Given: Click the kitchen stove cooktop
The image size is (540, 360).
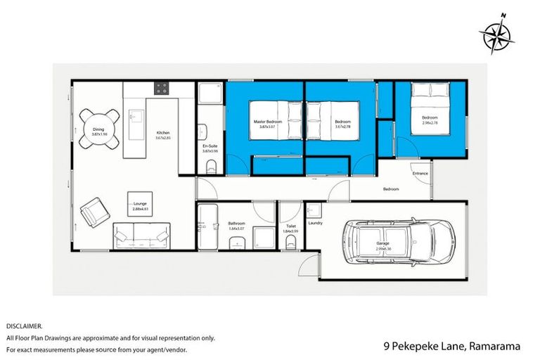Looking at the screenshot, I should click(x=162, y=89).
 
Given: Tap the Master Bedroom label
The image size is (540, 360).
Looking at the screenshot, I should click(x=267, y=122).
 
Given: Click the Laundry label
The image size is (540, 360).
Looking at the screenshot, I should click(x=315, y=224).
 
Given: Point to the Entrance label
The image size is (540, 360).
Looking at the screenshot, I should click(x=420, y=173).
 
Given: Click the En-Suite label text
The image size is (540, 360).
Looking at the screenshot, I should click(x=210, y=147).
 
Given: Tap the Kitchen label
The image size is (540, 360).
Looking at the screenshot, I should click(x=163, y=133).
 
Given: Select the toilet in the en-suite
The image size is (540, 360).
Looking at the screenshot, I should click(x=211, y=166).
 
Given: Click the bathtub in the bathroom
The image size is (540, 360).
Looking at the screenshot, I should click(x=210, y=226).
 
